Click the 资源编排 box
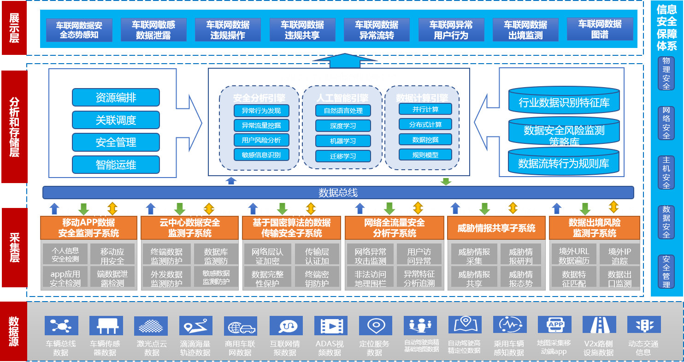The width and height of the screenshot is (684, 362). tap(116, 98)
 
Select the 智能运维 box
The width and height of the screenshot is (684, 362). tap(116, 165)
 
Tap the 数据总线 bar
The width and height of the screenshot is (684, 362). tap(338, 192)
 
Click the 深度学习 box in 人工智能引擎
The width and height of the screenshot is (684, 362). tap(343, 125)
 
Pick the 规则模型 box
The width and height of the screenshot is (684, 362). tap(425, 155)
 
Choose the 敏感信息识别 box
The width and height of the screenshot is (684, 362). tap(261, 155)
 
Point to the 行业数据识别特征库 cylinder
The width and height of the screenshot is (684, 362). tap(564, 102)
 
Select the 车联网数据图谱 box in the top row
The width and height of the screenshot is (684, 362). tap(600, 29)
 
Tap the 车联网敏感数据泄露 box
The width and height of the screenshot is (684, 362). tap(153, 30)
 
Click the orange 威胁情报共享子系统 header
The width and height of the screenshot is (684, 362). tap(496, 228)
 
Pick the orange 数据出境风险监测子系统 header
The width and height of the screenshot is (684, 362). tap(595, 228)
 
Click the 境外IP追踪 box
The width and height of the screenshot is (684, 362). tap(619, 256)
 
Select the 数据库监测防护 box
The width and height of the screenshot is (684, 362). tap(216, 256)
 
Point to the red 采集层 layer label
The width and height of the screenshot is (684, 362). tap(14, 248)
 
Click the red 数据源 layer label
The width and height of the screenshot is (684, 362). tap(14, 331)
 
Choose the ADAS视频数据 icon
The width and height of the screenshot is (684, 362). tap(330, 326)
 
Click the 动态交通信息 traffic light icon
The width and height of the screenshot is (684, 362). tap(643, 326)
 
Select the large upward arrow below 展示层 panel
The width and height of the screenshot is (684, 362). tap(339, 60)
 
